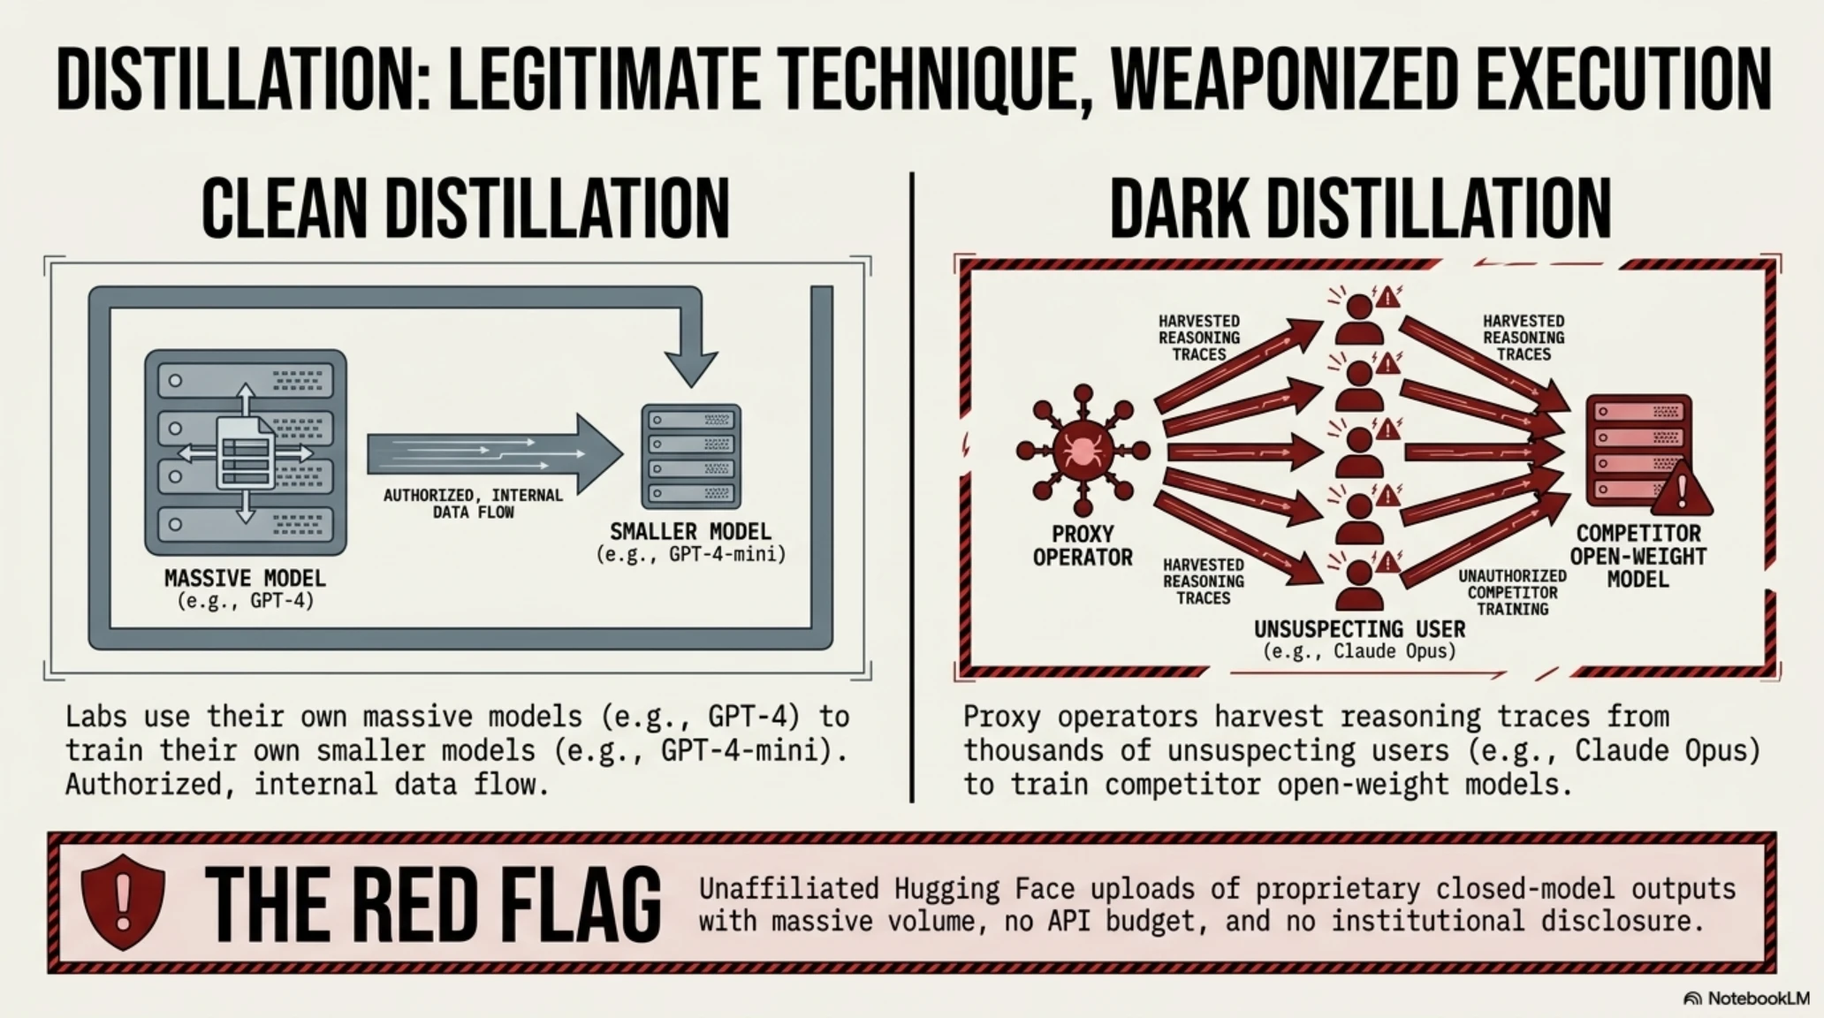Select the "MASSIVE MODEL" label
click(x=245, y=579)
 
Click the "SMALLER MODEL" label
click(x=690, y=531)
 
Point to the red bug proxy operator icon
click(x=1083, y=450)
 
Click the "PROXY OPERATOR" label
click(x=1083, y=545)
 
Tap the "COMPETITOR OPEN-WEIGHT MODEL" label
click(x=1638, y=557)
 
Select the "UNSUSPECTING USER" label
click(x=1359, y=629)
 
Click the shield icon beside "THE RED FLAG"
click(x=123, y=901)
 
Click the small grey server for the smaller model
click(x=691, y=456)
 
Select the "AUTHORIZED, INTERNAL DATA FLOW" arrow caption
click(x=473, y=504)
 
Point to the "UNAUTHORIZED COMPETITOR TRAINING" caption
click(x=1512, y=592)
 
